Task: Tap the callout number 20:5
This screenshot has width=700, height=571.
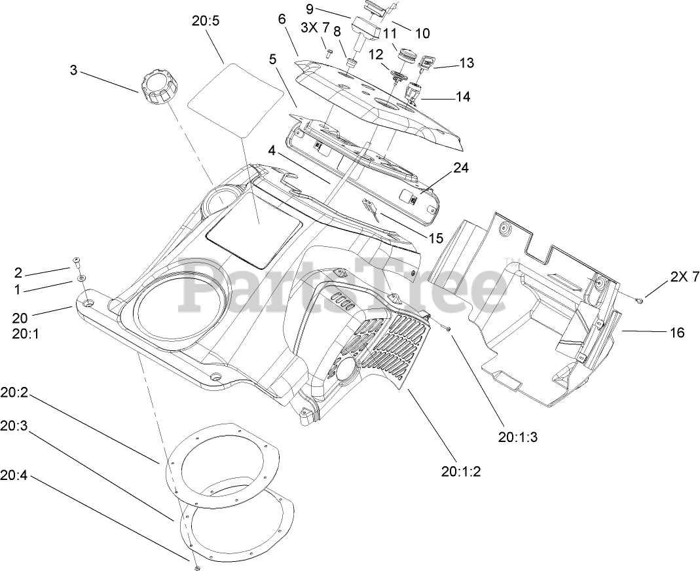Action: (x=206, y=21)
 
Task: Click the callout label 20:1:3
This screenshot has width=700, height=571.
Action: (x=517, y=438)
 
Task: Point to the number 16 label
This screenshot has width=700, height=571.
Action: (x=676, y=333)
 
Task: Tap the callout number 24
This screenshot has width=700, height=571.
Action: (x=461, y=168)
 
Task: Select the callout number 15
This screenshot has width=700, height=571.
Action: (x=435, y=238)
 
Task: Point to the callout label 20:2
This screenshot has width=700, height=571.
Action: (x=14, y=396)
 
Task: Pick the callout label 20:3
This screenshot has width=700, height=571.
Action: (x=14, y=426)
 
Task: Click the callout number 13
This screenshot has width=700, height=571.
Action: (x=466, y=64)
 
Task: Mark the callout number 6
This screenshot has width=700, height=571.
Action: (x=282, y=20)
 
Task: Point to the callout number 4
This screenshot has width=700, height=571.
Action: (x=272, y=150)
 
